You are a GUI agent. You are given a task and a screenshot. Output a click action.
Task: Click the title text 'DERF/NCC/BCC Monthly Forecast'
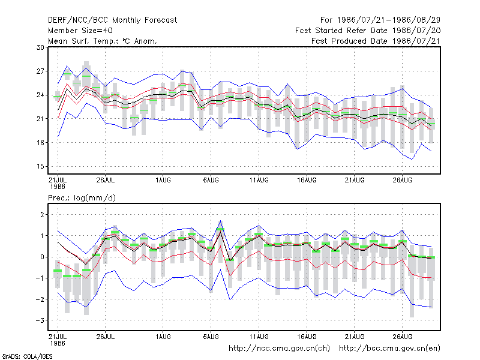[112, 20]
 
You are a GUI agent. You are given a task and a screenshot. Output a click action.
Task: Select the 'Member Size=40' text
[80, 31]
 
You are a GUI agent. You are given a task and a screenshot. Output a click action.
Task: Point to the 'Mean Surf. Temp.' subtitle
[85, 41]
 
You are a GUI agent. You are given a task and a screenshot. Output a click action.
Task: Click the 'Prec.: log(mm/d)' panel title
[82, 198]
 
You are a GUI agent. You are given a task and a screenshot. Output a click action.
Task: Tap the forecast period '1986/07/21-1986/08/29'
[389, 20]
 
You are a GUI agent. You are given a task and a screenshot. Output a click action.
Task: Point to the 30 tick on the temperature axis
[40, 47]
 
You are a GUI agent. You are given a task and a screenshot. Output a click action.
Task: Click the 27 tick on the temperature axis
[40, 71]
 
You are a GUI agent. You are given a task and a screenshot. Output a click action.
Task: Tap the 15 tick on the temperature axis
[40, 167]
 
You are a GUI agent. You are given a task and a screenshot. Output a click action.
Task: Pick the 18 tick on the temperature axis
[40, 143]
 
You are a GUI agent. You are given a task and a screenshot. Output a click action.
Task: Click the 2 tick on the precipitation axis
[42, 215]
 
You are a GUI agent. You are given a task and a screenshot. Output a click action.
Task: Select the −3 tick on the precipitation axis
[40, 320]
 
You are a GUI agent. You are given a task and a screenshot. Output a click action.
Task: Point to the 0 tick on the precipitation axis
[42, 257]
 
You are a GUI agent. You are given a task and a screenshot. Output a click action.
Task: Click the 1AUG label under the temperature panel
[163, 181]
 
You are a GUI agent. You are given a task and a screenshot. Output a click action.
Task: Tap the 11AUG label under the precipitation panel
[259, 337]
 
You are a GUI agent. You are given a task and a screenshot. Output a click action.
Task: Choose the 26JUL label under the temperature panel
[106, 181]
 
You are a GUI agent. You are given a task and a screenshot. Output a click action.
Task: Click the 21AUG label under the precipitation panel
[355, 337]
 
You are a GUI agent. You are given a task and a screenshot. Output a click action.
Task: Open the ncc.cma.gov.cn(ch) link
[279, 349]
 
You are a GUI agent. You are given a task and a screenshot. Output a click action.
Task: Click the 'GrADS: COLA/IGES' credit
[27, 356]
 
